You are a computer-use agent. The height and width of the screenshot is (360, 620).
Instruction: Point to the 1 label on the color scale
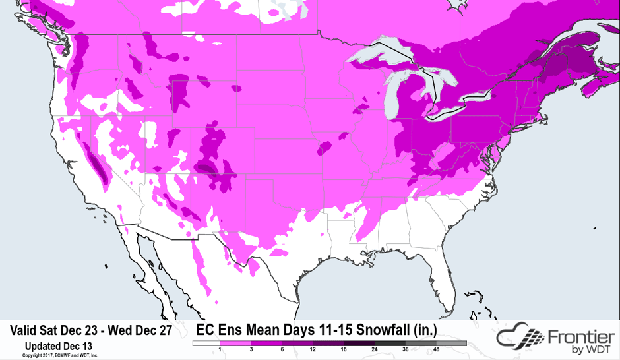pyautogui.click(x=218, y=350)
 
